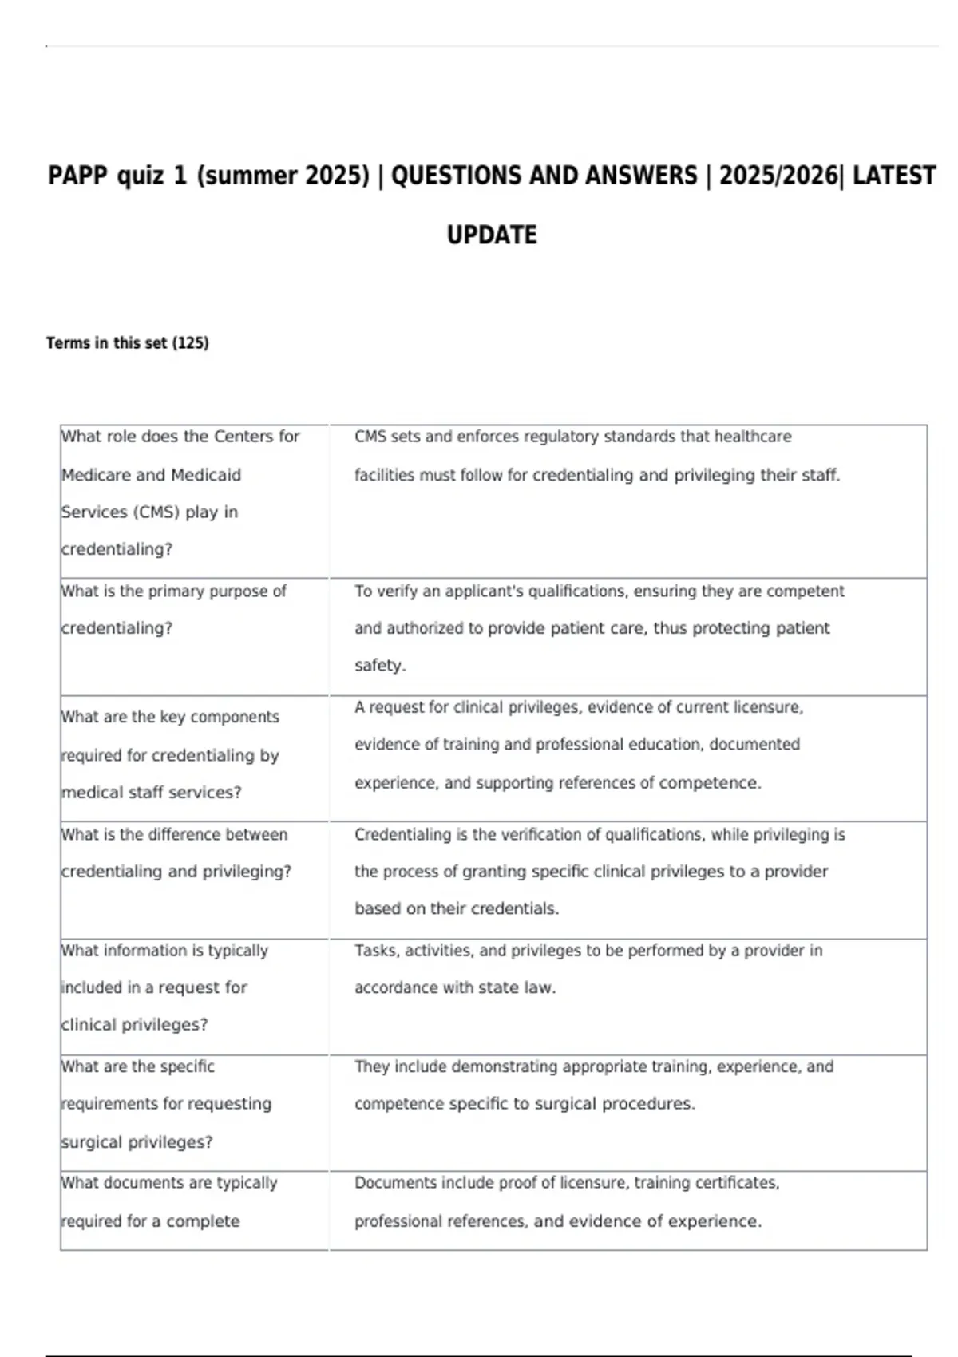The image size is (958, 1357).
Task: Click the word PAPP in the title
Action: (x=77, y=176)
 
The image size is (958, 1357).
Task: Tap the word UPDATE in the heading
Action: (x=492, y=235)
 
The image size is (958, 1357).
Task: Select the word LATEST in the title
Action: (x=893, y=176)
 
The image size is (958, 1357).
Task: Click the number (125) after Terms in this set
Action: (x=191, y=343)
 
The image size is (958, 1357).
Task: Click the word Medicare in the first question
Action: (x=95, y=475)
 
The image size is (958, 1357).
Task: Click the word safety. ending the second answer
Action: (x=380, y=666)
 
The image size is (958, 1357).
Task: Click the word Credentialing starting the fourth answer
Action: (x=402, y=835)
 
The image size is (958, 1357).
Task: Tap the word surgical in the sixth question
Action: (x=92, y=1142)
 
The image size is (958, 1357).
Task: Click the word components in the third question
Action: (x=235, y=718)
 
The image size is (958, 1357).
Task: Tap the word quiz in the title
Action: (x=140, y=176)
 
